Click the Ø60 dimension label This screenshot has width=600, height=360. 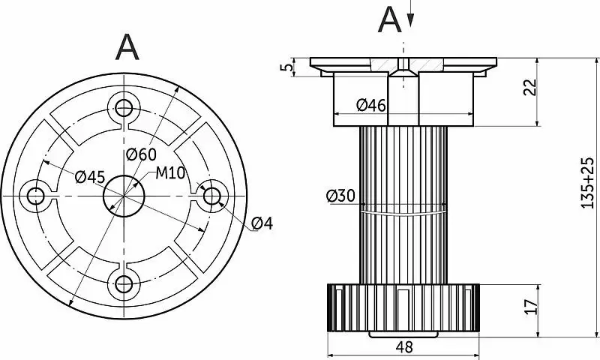141,154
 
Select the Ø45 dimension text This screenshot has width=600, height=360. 90,177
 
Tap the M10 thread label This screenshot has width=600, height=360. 170,173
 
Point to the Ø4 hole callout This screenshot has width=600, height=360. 262,223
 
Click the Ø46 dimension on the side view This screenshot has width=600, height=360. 371,106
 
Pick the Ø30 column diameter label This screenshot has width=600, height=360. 340,196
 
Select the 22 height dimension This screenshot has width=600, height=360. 529,87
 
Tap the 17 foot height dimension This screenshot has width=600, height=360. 529,306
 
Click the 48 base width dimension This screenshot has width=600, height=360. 405,347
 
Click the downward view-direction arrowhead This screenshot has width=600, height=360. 409,22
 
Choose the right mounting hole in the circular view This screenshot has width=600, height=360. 212,195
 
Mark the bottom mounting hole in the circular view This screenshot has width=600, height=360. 123,283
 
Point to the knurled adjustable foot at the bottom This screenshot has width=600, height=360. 404,307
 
